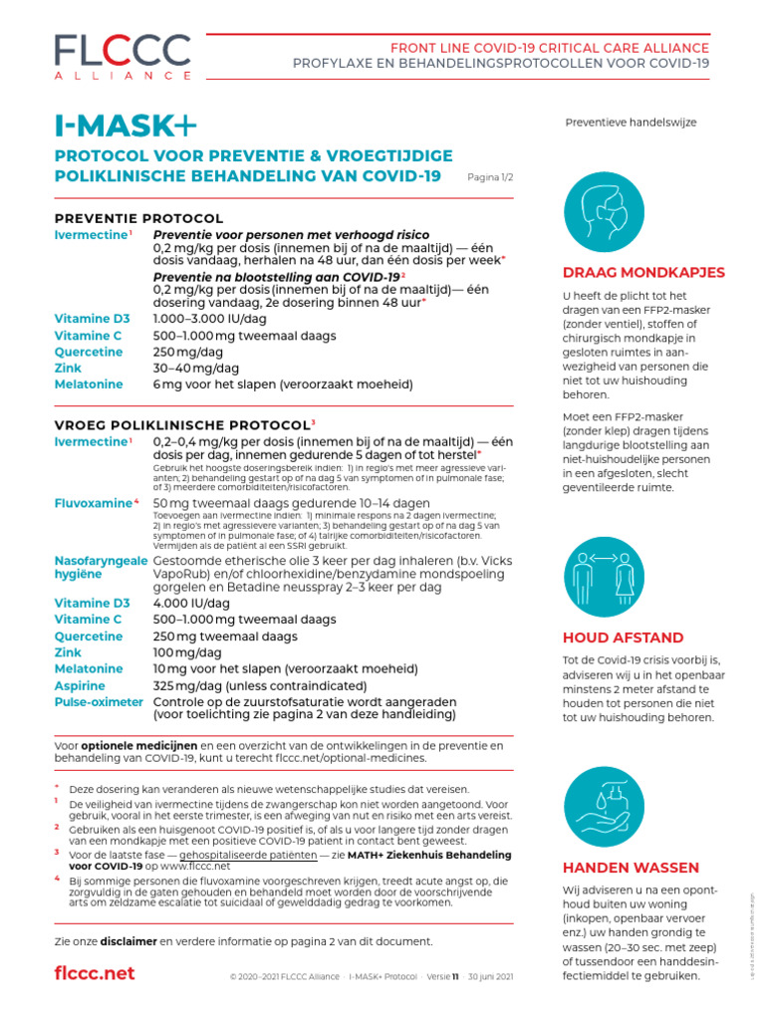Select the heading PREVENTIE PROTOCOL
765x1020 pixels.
click(138, 218)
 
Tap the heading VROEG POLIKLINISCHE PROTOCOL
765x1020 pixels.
click(182, 423)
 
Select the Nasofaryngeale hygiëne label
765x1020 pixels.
click(100, 571)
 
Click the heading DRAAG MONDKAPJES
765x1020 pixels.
click(642, 272)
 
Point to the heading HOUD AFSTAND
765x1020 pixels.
click(623, 637)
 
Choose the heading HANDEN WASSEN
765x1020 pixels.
click(629, 867)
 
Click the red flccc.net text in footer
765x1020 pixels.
click(94, 973)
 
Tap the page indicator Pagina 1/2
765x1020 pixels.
click(490, 176)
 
